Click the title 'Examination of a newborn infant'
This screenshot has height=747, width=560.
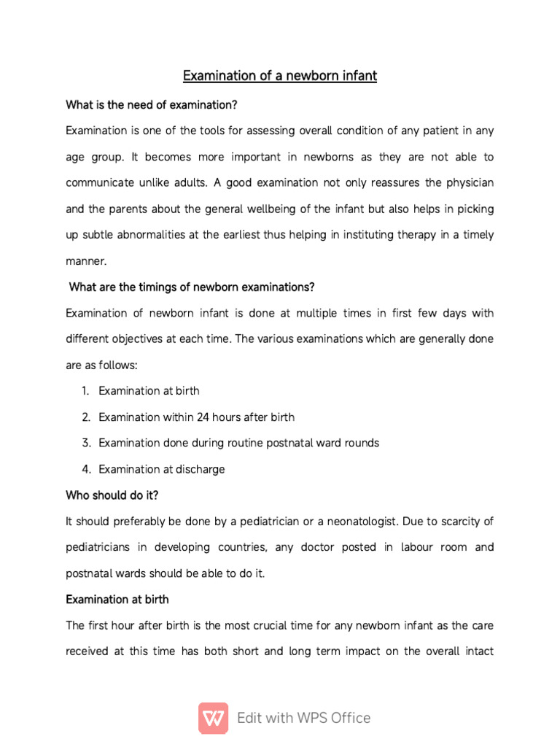coord(279,76)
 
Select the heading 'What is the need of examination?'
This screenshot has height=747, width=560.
coord(152,105)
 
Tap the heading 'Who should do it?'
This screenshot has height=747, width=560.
coord(112,495)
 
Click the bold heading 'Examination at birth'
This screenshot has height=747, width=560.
coord(117,599)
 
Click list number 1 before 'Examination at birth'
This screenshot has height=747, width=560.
coord(85,391)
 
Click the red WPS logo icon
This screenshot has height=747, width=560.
coord(213,718)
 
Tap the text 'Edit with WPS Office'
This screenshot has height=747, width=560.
coord(303,718)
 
